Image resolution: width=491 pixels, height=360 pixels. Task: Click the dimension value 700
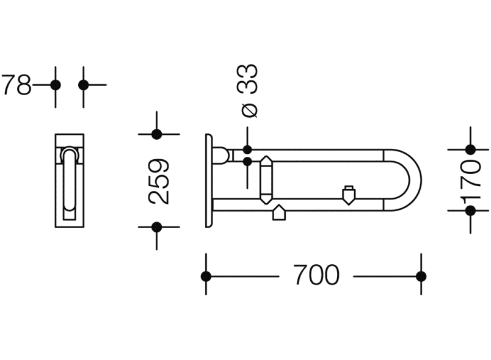tap(317, 275)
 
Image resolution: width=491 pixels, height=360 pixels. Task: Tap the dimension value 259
tap(159, 181)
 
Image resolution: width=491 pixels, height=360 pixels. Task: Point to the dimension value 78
tap(16, 84)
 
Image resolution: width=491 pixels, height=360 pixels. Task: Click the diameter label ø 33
tap(247, 90)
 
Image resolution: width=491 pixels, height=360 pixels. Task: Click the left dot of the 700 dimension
tap(206, 276)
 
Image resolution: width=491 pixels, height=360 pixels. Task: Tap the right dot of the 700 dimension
tap(421, 276)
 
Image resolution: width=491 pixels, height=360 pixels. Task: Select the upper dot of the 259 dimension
tap(156, 134)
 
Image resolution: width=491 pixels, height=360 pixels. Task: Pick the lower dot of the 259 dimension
tap(156, 227)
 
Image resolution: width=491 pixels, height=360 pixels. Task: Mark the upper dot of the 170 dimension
tap(470, 150)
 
